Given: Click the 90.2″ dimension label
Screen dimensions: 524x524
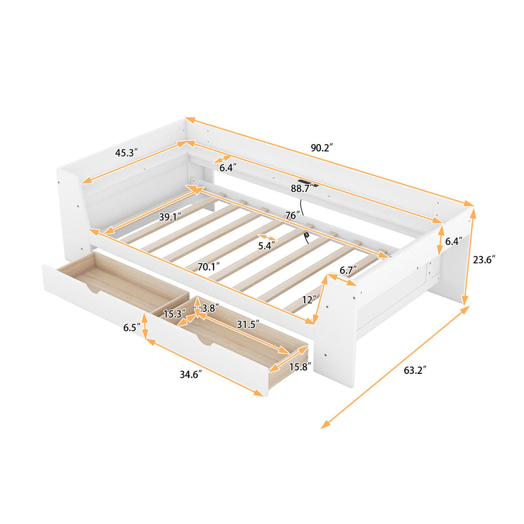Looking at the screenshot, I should tap(321, 148).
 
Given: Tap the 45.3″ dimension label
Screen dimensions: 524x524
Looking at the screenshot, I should tap(126, 153).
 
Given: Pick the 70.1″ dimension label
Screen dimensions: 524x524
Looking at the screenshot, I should tap(209, 266).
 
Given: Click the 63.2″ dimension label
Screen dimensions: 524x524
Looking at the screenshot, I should tap(414, 371).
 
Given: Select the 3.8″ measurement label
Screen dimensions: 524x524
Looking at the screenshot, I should tap(211, 308).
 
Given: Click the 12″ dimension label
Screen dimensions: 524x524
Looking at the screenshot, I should tap(310, 299).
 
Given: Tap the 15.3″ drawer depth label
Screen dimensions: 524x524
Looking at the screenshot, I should tap(174, 314).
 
